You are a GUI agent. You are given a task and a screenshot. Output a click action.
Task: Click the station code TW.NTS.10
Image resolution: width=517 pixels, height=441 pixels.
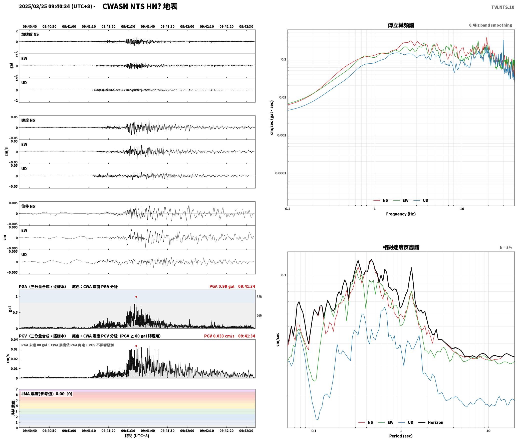point(503,7)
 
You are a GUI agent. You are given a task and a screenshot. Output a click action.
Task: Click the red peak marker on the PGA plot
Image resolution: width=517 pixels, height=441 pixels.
point(136,297)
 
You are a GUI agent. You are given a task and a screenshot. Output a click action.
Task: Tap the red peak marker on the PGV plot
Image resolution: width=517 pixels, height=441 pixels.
point(136,346)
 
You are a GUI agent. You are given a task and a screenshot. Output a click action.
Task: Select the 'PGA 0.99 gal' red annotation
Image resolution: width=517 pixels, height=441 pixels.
point(222,286)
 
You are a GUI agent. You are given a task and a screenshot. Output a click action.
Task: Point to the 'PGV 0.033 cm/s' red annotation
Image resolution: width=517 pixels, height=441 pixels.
point(219,336)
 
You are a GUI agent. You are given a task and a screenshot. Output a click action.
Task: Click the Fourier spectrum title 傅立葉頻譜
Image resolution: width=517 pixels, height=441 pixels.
point(401,25)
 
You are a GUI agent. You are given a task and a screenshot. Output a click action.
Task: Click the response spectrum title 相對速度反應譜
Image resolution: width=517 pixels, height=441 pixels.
point(401,247)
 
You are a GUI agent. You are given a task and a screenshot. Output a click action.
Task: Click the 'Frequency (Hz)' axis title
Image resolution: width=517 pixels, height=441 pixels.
point(401,214)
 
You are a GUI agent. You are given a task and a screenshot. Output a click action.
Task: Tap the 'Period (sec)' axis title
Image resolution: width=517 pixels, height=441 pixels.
point(401,436)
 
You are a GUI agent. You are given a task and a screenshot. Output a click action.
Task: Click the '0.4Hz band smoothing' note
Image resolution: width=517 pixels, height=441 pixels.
point(490,25)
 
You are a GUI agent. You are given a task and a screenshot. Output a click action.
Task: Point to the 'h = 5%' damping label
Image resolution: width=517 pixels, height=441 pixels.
point(506,248)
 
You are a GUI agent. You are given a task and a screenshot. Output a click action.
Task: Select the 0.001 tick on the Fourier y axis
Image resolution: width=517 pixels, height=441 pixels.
point(282,135)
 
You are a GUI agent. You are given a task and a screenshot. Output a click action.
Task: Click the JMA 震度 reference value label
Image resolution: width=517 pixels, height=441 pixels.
point(47,394)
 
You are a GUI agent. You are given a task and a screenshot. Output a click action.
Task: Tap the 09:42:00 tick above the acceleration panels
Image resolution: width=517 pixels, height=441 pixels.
point(187,27)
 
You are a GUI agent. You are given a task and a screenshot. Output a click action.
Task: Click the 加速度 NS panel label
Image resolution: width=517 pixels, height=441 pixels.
point(30,34)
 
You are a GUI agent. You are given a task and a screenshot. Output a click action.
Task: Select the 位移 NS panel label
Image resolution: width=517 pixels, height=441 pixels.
point(28,206)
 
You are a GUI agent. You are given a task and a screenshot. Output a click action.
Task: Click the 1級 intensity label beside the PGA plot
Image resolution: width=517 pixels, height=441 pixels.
point(259,296)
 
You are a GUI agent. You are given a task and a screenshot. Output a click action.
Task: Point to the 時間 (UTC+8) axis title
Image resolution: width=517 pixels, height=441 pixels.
point(137,436)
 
